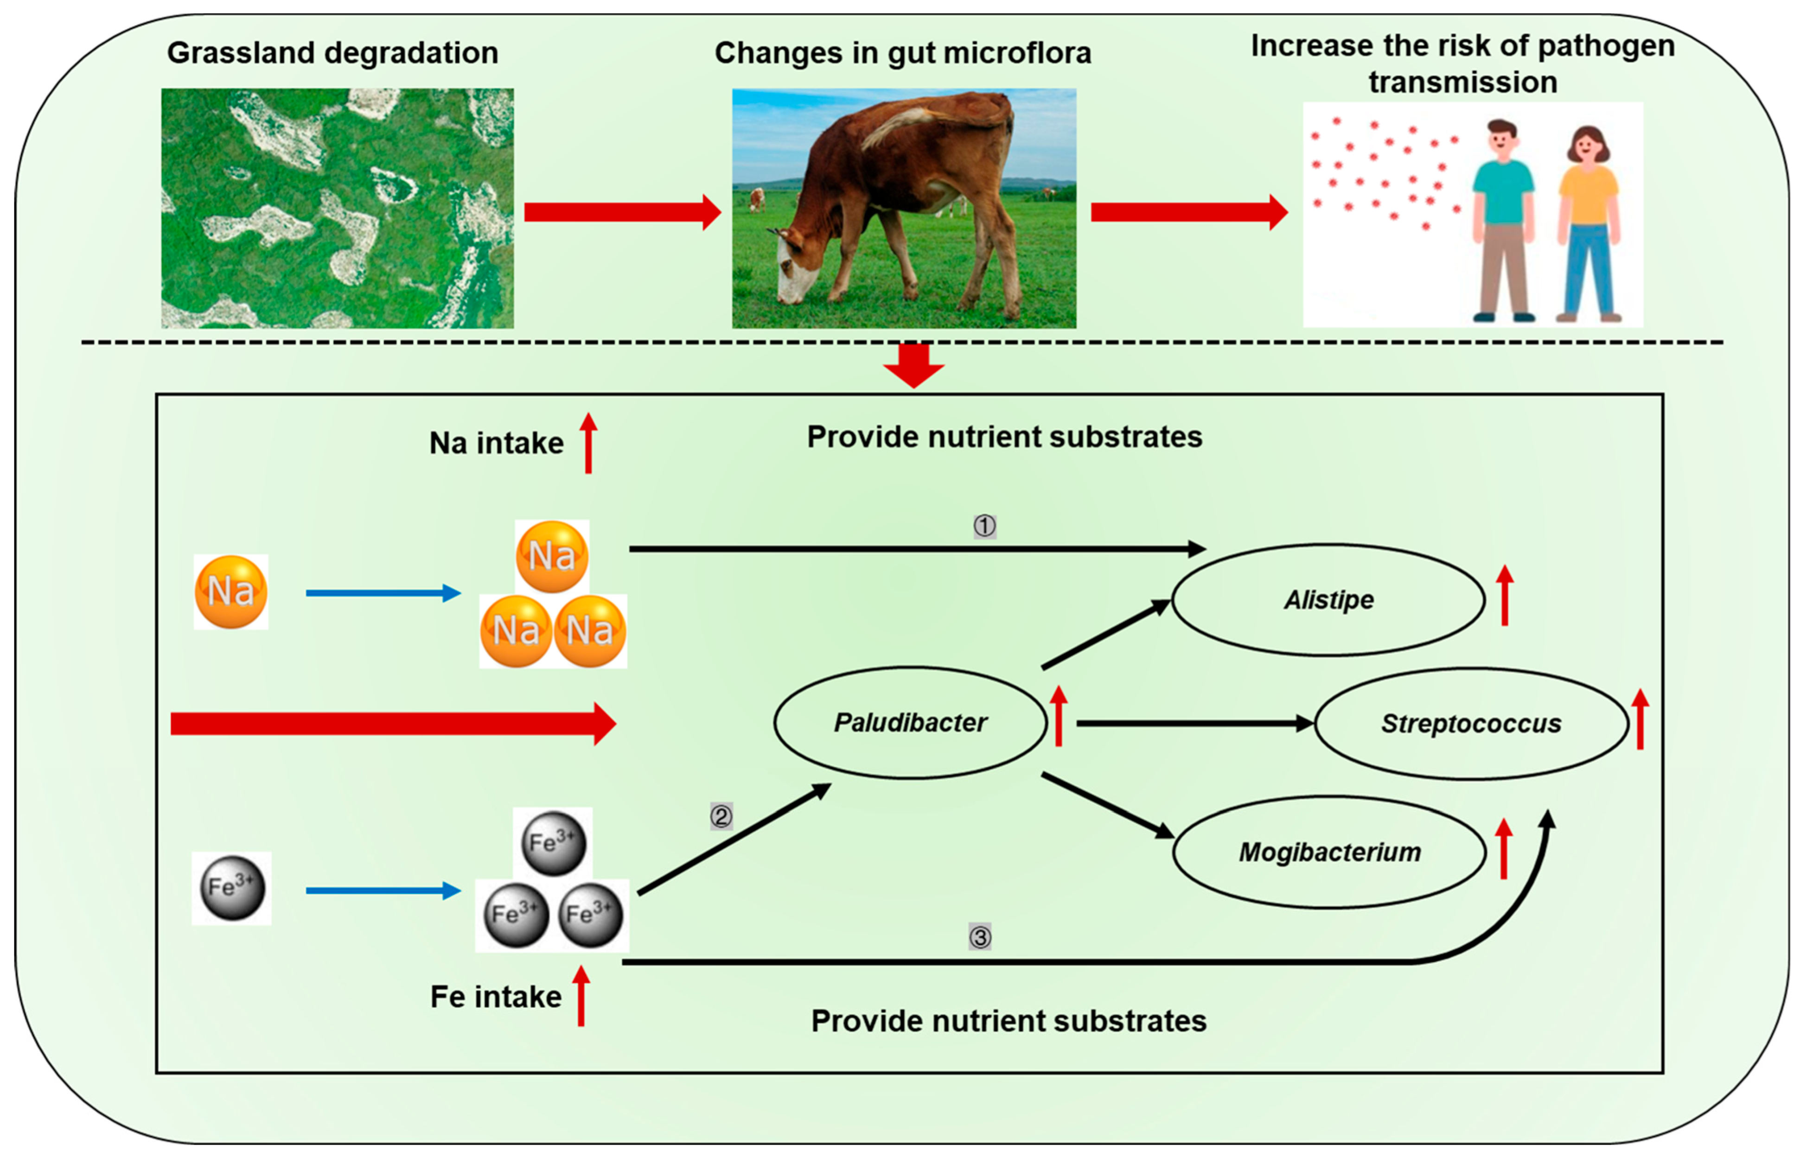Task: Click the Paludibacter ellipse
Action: tap(910, 723)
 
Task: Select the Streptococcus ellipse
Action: tap(1471, 723)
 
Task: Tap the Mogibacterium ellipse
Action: tap(1329, 852)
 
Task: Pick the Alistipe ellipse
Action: tap(1328, 600)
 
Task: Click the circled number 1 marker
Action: tap(984, 526)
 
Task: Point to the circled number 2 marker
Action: tap(721, 816)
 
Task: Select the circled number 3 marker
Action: tap(980, 937)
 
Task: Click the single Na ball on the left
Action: tap(231, 592)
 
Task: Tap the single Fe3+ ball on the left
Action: tap(231, 888)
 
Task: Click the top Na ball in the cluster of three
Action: tap(552, 556)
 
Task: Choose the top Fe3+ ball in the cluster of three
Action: tap(553, 843)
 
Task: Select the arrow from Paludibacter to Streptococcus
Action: tap(1195, 723)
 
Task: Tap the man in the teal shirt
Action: tap(1502, 218)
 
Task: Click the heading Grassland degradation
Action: tap(332, 53)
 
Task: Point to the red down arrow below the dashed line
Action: tap(913, 365)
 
